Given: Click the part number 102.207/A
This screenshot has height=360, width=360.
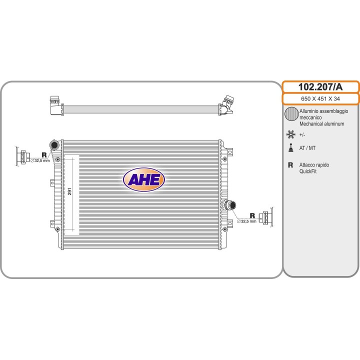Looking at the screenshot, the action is click(320, 87).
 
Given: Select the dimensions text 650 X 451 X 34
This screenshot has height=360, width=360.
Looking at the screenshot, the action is click(320, 98).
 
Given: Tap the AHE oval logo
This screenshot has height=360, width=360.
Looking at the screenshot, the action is click(144, 179).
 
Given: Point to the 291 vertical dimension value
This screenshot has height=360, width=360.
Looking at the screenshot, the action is click(69, 191).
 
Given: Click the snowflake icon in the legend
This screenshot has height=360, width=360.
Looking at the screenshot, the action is click(290, 134).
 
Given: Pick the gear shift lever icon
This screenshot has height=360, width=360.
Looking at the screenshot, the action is click(291, 148).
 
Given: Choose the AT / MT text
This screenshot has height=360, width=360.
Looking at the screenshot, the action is click(307, 148).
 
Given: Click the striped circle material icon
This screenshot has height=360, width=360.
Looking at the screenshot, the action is click(291, 114).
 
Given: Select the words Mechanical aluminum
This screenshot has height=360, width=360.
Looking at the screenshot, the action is click(321, 124).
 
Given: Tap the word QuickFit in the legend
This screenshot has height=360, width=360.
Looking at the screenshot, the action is click(308, 171).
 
